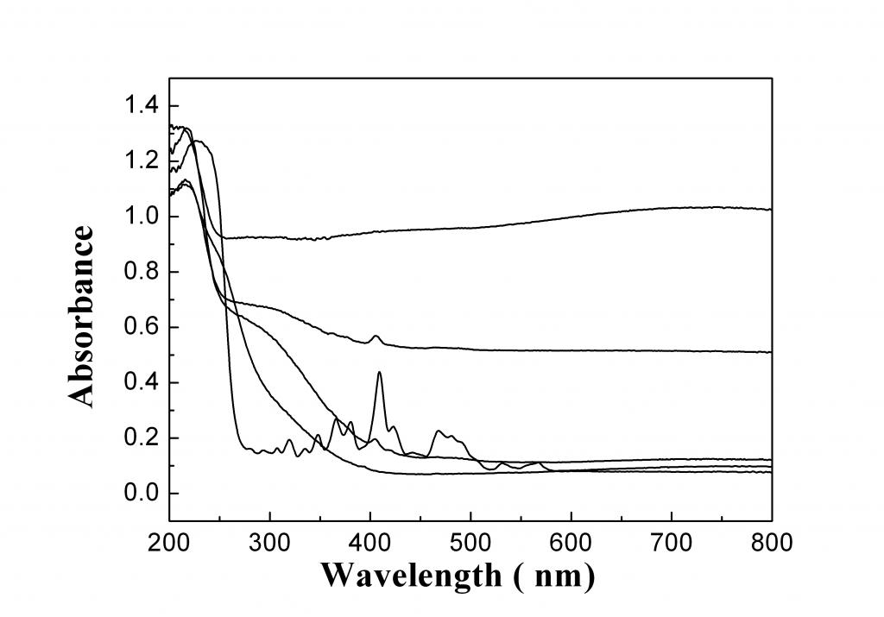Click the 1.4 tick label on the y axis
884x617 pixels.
(140, 106)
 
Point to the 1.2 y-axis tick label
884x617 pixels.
(140, 161)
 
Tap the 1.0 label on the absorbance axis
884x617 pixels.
(140, 217)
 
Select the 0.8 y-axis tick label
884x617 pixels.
(140, 272)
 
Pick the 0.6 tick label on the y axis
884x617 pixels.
(140, 327)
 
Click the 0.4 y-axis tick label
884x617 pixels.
(140, 382)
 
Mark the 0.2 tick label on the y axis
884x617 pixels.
(140, 438)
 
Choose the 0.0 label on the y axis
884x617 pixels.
(140, 494)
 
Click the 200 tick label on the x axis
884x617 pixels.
(170, 543)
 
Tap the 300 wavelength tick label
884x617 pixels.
(270, 543)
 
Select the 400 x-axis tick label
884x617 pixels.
(370, 543)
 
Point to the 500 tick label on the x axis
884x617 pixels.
(470, 543)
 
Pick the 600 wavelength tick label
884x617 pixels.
(571, 543)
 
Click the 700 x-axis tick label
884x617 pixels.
(671, 543)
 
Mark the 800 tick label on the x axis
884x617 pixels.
(771, 543)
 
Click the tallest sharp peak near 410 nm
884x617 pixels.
(379, 373)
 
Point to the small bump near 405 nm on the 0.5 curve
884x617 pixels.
(376, 337)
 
